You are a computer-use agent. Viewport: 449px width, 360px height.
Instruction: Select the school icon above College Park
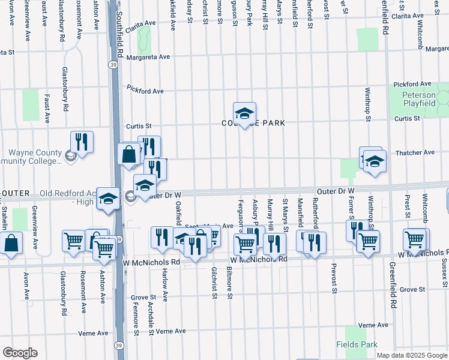(244, 113)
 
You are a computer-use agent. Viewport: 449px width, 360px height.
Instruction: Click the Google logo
(19, 353)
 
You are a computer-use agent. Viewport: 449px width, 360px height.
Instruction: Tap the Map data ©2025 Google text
(411, 355)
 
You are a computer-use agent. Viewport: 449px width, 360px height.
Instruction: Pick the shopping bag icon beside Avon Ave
(11, 243)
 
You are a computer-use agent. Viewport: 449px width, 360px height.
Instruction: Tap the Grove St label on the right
(412, 289)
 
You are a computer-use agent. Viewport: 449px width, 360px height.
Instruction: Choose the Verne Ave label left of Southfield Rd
(93, 333)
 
